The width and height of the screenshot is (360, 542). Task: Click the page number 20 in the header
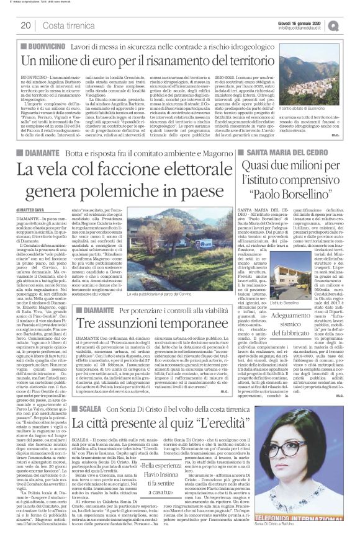(25, 25)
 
